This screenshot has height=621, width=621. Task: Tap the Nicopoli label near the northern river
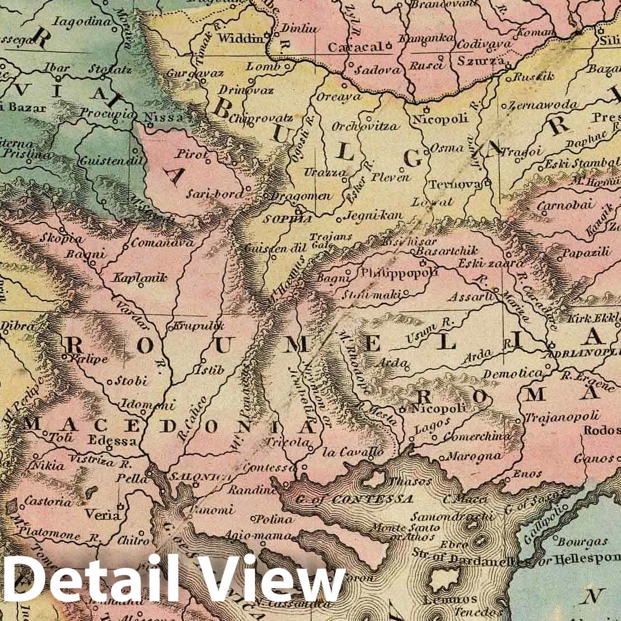pos(432,119)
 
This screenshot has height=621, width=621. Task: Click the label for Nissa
pos(164,118)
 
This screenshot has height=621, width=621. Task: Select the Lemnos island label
pos(442,600)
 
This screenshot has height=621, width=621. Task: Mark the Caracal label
pos(355,48)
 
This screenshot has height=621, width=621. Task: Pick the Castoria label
pos(48,500)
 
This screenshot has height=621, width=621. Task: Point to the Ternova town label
pos(455,185)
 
